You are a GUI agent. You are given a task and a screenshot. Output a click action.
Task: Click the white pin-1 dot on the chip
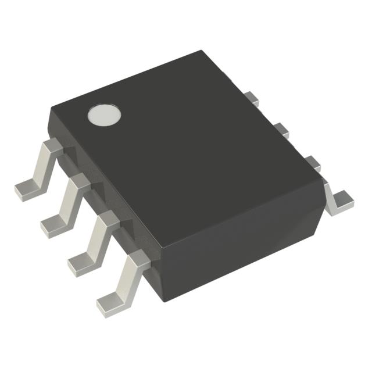coord(105,115)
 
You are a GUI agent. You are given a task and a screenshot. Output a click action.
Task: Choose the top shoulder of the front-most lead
coord(138,259)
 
